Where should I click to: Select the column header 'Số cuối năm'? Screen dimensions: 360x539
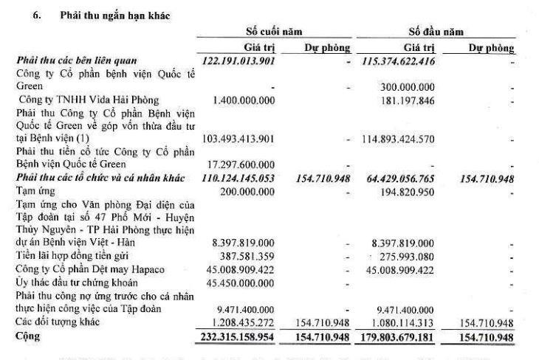click(274, 32)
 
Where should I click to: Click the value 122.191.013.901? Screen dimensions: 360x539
click(238, 60)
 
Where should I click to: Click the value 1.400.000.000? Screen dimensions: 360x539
click(244, 100)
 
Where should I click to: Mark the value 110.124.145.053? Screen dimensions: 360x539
click(238, 178)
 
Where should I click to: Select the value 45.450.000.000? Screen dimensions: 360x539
click(242, 281)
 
